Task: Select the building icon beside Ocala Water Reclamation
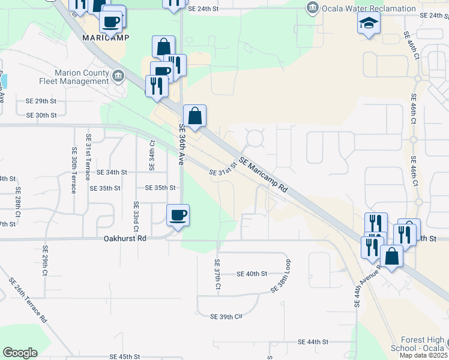click(312, 8)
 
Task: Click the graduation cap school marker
click(369, 23)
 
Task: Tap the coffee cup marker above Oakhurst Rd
click(178, 215)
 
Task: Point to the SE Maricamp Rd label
click(264, 175)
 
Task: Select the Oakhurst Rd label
click(124, 238)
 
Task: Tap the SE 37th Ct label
click(217, 277)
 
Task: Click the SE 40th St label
click(252, 274)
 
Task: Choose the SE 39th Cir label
click(227, 316)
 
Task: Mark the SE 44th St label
click(313, 341)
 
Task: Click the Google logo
click(20, 353)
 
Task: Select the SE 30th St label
click(41, 115)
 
